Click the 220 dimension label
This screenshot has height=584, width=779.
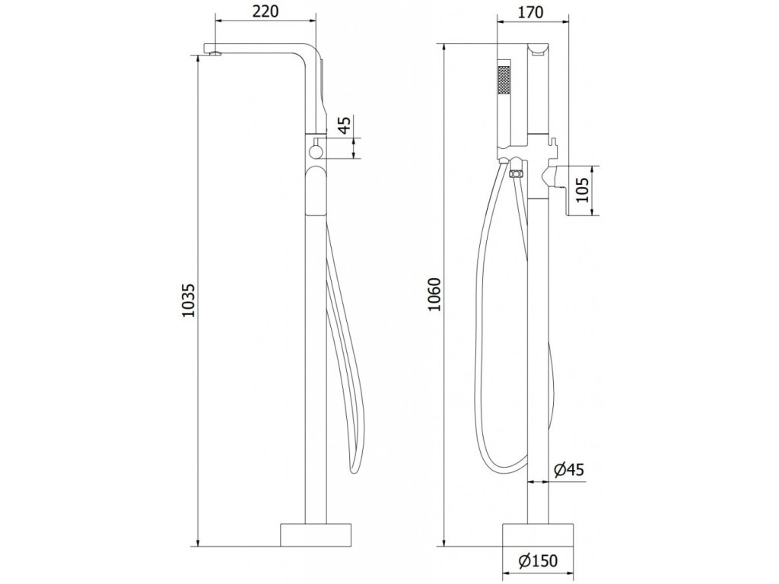(265, 11)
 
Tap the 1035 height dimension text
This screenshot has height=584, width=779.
(189, 300)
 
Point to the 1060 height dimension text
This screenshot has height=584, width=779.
(434, 294)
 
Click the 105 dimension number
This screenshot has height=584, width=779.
(583, 191)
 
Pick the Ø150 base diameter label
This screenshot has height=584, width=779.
(538, 561)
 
